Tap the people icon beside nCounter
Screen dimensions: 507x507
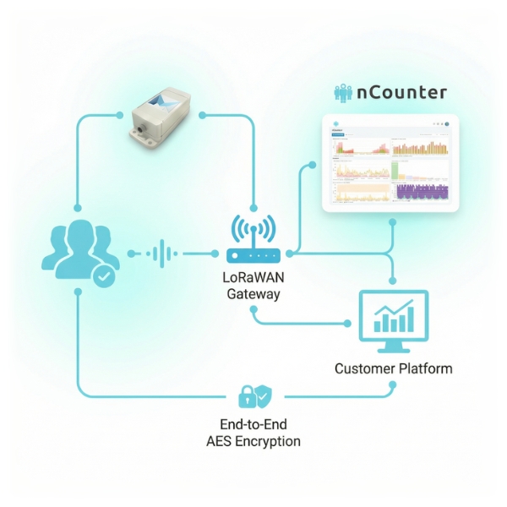348,93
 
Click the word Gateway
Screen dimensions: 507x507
253,295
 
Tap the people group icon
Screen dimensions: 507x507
79,251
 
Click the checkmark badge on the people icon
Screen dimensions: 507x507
103,275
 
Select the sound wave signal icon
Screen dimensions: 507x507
161,253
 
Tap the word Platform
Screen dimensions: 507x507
425,368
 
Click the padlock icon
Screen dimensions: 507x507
247,394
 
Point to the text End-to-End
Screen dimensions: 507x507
253,424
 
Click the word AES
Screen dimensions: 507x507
221,441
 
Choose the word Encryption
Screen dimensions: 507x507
271,441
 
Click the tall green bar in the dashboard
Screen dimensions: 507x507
393,171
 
